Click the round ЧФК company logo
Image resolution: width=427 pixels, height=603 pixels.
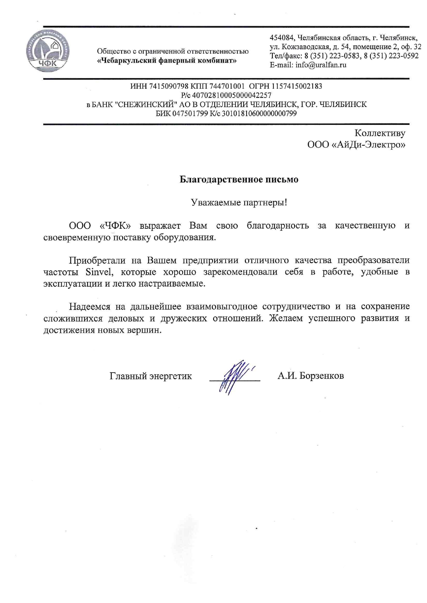[48, 51]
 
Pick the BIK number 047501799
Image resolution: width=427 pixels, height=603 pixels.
[190, 114]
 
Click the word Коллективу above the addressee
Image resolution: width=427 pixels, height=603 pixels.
[379, 133]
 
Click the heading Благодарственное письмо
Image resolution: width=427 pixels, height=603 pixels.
[239, 180]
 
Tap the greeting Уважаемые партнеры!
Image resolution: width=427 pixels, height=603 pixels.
[239, 202]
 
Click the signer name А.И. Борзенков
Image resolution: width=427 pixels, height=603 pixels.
[311, 376]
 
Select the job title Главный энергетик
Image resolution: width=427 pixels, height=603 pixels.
[150, 376]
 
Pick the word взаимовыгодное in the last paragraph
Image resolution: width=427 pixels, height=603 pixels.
[222, 306]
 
